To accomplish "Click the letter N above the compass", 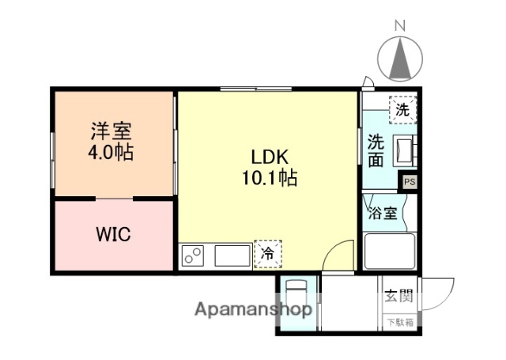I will tap(399, 25).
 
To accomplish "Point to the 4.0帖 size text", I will tap(111, 152).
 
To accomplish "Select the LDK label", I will tap(269, 156).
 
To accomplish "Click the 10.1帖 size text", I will tap(269, 178).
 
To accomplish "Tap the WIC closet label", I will tap(113, 235).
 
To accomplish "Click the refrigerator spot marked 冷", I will tap(267, 255).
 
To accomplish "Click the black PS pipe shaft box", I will tap(409, 181).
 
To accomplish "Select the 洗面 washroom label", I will tap(376, 150).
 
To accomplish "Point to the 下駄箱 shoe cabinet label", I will tap(398, 322).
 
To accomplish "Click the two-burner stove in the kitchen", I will tap(193, 256).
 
